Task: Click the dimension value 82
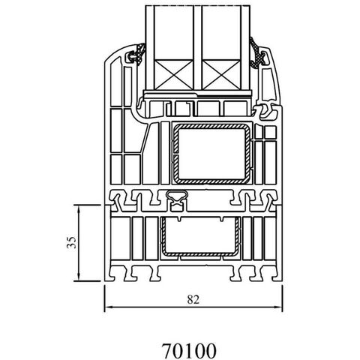[x=193, y=299]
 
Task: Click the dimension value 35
[x=71, y=242]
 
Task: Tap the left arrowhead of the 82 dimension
[x=108, y=307]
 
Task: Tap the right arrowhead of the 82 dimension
[x=278, y=307]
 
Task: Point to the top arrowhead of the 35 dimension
[x=79, y=208]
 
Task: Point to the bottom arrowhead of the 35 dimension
[x=79, y=277]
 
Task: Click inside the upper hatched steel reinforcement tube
[x=211, y=154]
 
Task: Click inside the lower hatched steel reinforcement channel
[x=199, y=236]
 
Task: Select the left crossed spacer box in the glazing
[x=173, y=74]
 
